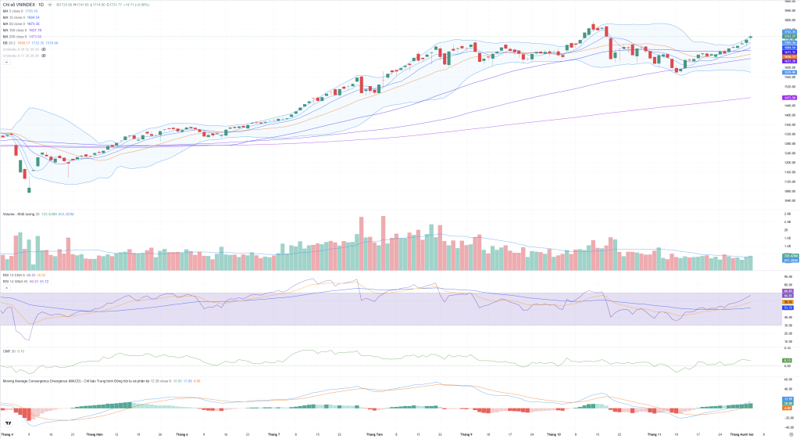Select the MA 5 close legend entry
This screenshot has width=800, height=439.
pyautogui.click(x=13, y=11)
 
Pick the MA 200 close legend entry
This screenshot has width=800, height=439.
pyautogui.click(x=15, y=36)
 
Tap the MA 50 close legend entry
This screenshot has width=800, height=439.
pyautogui.click(x=14, y=23)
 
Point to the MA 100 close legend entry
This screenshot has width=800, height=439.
pyautogui.click(x=15, y=30)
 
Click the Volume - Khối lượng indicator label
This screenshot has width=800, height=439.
pyautogui.click(x=20, y=213)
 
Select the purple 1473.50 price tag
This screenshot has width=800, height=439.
pyautogui.click(x=789, y=98)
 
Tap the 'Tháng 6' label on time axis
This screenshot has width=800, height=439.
pyautogui.click(x=182, y=434)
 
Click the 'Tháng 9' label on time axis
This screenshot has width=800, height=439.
pyautogui.click(x=466, y=434)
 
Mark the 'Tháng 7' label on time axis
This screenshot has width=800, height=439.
pyautogui.click(x=273, y=434)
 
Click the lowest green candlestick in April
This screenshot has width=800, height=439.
pyautogui.click(x=29, y=189)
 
